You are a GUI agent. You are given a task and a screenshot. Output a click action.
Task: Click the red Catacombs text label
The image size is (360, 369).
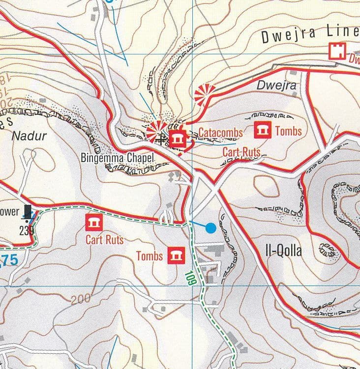[x=221, y=133]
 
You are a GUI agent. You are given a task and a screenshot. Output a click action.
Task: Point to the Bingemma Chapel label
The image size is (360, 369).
[x=118, y=158]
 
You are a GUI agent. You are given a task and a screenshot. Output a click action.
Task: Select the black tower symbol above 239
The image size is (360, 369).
[x=29, y=211]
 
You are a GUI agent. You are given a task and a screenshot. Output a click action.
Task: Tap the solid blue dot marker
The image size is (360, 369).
[x=210, y=227]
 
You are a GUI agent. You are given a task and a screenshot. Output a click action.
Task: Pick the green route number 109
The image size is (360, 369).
[x=188, y=280]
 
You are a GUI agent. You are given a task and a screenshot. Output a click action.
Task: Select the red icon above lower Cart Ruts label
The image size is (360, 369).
[x=93, y=223]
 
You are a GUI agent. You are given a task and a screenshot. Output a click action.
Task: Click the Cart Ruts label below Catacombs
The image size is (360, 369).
[x=241, y=152]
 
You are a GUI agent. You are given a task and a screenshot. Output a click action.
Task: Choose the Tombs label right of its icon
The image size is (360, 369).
[x=288, y=131]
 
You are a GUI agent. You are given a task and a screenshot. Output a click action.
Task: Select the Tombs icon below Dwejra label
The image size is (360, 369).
[x=262, y=130]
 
